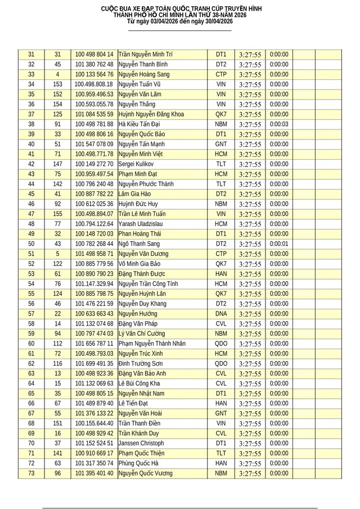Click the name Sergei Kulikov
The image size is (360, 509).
[136, 164]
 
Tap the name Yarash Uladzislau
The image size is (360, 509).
[139, 224]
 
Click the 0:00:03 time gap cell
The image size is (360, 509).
[279, 124]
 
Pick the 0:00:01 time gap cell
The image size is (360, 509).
[279, 244]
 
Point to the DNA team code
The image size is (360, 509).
[221, 314]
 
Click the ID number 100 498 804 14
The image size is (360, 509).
[94, 55]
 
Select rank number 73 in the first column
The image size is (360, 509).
[31, 474]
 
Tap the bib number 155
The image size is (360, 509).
[57, 214]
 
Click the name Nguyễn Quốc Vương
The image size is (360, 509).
[145, 474]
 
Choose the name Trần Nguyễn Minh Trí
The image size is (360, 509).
[145, 55]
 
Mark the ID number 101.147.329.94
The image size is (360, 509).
[94, 284]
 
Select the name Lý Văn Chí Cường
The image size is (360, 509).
[143, 334]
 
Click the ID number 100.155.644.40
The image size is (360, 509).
[94, 424]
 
